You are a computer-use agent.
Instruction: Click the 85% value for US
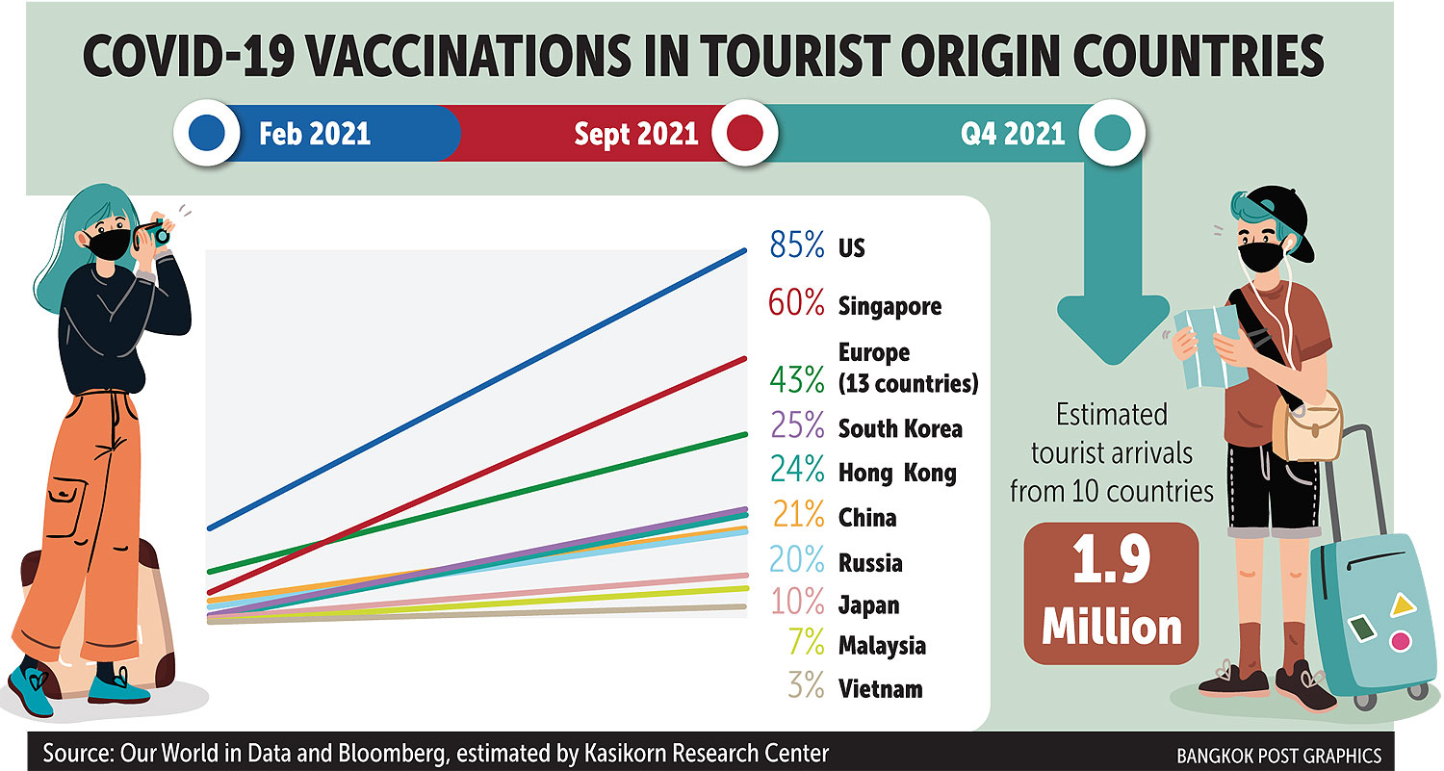pos(797,246)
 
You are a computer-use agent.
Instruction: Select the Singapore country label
pos(890,306)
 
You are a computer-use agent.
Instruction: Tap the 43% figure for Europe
pos(797,381)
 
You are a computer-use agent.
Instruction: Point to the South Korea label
pos(900,428)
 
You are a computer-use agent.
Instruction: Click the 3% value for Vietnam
pos(804,687)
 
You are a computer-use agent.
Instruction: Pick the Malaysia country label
pos(882,645)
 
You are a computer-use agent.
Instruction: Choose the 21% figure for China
pos(797,516)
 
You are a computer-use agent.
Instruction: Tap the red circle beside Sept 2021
pos(746,132)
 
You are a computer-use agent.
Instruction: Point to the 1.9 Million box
pos(1111,594)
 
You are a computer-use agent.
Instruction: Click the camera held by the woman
pos(154,231)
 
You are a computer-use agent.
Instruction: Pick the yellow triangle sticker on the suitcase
pos(1402,604)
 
